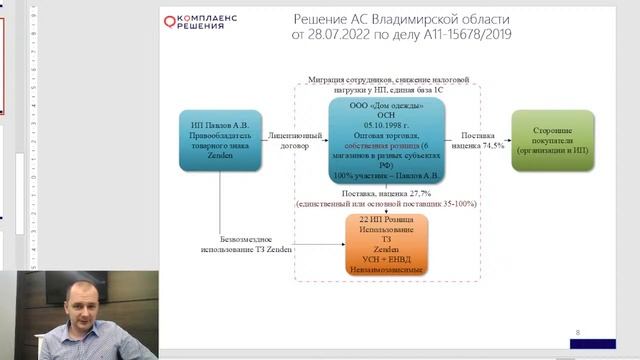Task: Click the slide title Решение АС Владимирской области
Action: pyautogui.click(x=401, y=19)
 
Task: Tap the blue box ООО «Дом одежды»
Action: pyautogui.click(x=386, y=142)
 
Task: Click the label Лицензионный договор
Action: pyautogui.click(x=295, y=140)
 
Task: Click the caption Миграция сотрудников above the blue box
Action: pyautogui.click(x=385, y=81)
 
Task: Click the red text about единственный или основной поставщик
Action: pyautogui.click(x=384, y=203)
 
